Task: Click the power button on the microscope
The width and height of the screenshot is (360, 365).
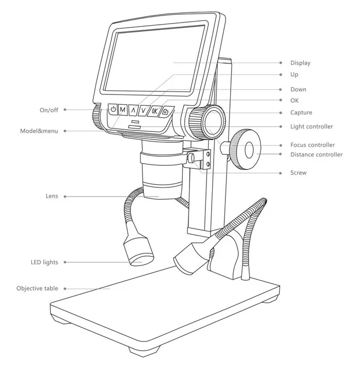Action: pos(112,109)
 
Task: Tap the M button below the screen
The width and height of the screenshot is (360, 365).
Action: pos(123,110)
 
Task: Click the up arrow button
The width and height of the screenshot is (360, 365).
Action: pos(133,110)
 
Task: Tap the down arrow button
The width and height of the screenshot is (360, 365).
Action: pos(143,111)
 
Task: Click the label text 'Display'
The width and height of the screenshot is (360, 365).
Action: pos(300,63)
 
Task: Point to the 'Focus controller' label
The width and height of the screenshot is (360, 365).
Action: pos(312,145)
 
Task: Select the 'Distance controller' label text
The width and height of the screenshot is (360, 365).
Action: pos(316,155)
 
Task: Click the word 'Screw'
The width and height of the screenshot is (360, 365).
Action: pos(298,172)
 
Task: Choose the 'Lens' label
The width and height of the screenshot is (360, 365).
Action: pos(52,196)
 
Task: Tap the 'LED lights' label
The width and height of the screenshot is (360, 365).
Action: pos(44,262)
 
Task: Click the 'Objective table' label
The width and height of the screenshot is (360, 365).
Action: pos(37,289)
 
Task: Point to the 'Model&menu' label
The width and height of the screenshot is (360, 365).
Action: pos(39,131)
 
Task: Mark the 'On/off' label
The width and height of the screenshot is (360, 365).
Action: pos(49,110)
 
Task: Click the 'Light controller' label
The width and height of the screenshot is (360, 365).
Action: pos(311,127)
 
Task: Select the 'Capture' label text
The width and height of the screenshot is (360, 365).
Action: pos(301,112)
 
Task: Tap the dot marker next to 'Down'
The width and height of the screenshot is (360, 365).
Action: pos(280,90)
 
